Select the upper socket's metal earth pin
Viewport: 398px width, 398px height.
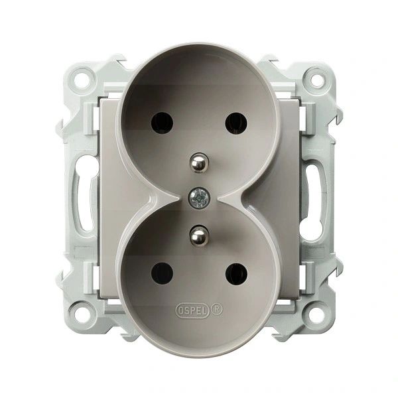click(x=199, y=163)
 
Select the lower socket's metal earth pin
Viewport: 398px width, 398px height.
click(x=199, y=235)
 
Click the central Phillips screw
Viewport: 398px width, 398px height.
click(x=199, y=198)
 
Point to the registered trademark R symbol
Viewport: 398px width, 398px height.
click(x=217, y=309)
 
